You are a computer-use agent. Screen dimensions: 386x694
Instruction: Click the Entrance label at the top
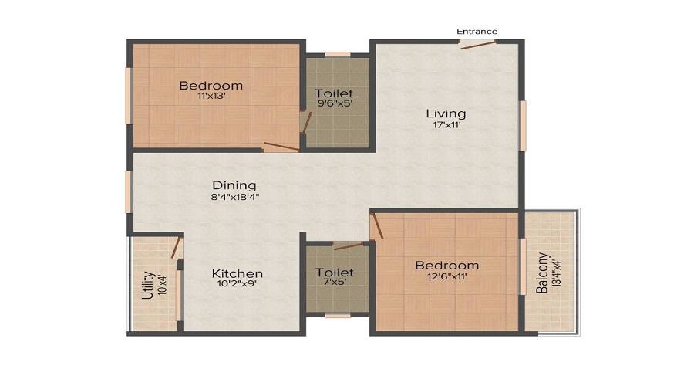(477, 31)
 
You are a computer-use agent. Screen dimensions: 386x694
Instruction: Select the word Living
(446, 113)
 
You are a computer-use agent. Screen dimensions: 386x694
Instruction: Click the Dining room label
(234, 185)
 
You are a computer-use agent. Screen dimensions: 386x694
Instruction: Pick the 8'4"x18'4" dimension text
(234, 197)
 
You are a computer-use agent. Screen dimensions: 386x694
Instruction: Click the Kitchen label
(238, 273)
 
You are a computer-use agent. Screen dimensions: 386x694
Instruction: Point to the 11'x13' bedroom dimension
(211, 97)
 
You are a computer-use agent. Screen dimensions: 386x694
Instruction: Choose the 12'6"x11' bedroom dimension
(446, 277)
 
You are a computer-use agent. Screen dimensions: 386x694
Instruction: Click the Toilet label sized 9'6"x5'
(335, 93)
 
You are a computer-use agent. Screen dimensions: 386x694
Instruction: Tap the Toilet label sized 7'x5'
(335, 273)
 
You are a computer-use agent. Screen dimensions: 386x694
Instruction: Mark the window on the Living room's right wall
(522, 126)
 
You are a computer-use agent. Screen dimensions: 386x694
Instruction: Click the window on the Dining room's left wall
(129, 191)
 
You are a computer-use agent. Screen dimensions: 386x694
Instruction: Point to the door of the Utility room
(176, 247)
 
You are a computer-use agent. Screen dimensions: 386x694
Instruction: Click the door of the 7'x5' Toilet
(348, 246)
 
